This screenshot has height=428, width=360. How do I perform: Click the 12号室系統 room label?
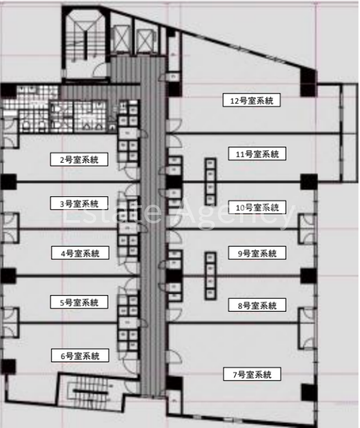[252, 100]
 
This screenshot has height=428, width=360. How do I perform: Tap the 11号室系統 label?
[257, 154]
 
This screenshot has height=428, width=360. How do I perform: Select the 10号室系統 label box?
[257, 207]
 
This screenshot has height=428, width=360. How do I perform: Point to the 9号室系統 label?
[257, 253]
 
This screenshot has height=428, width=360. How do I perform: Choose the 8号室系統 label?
[257, 305]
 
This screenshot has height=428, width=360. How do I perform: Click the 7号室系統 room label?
[252, 374]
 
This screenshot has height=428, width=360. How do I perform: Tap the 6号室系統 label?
[80, 356]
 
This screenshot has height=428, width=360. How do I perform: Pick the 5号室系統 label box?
[79, 302]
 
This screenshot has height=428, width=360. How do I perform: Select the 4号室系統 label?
[80, 253]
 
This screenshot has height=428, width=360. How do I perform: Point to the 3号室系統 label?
[79, 203]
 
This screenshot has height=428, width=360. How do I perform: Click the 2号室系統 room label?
[79, 159]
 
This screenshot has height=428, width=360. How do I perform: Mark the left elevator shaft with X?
[122, 39]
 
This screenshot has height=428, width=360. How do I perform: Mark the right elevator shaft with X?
[146, 41]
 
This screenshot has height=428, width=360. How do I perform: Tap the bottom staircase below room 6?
[90, 391]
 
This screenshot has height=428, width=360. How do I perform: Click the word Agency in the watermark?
[238, 213]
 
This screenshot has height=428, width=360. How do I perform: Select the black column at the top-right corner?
[308, 83]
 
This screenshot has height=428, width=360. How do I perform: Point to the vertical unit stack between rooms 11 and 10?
[210, 181]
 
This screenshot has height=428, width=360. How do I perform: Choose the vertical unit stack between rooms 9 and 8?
[210, 276]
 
